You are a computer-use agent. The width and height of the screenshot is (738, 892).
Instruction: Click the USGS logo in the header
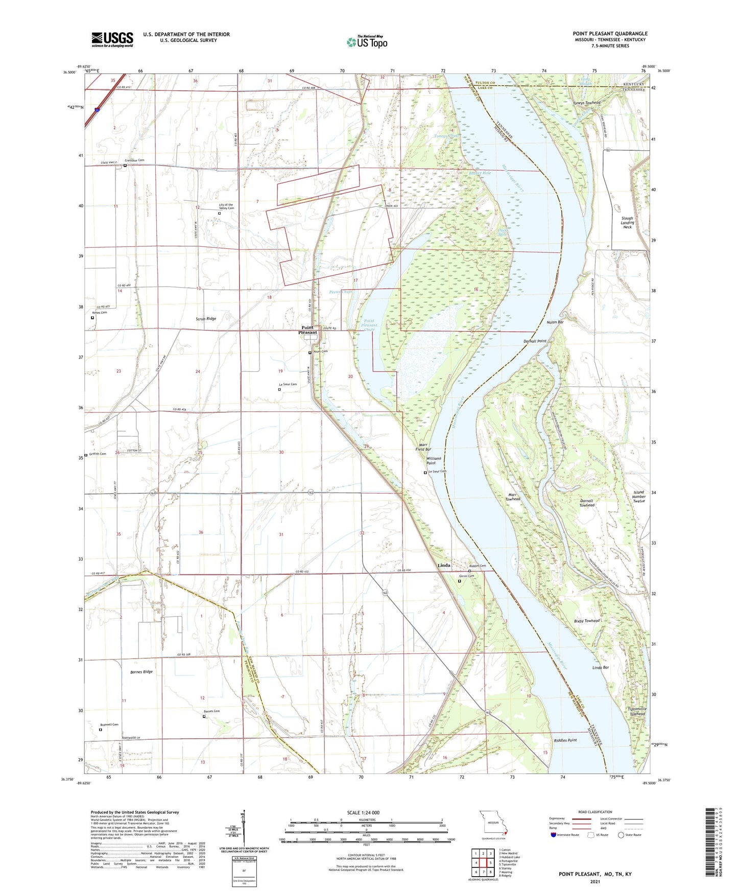(112, 39)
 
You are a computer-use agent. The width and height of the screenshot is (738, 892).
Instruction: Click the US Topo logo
(367, 42)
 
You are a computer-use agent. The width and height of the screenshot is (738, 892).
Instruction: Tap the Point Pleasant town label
(308, 330)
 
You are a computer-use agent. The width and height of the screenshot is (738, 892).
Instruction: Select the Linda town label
(444, 566)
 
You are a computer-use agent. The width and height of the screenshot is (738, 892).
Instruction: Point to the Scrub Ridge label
(206, 319)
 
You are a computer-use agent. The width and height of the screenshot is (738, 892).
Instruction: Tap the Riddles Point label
(565, 740)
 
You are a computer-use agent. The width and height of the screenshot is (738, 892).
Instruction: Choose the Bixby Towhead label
(586, 621)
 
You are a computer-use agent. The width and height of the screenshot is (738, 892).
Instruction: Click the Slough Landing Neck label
(627, 222)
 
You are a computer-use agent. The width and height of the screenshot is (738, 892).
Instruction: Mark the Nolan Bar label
(555, 322)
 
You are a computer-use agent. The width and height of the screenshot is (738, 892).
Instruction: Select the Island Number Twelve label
(638, 497)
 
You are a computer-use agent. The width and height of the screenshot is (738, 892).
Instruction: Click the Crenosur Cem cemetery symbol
(125, 166)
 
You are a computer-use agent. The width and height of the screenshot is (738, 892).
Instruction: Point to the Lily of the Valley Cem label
(223, 206)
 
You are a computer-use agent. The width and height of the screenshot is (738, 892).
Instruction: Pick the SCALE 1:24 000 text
(363, 813)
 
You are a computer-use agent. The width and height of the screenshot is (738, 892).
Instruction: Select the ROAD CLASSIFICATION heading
(595, 812)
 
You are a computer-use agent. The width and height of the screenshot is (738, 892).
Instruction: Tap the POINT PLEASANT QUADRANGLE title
(610, 34)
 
